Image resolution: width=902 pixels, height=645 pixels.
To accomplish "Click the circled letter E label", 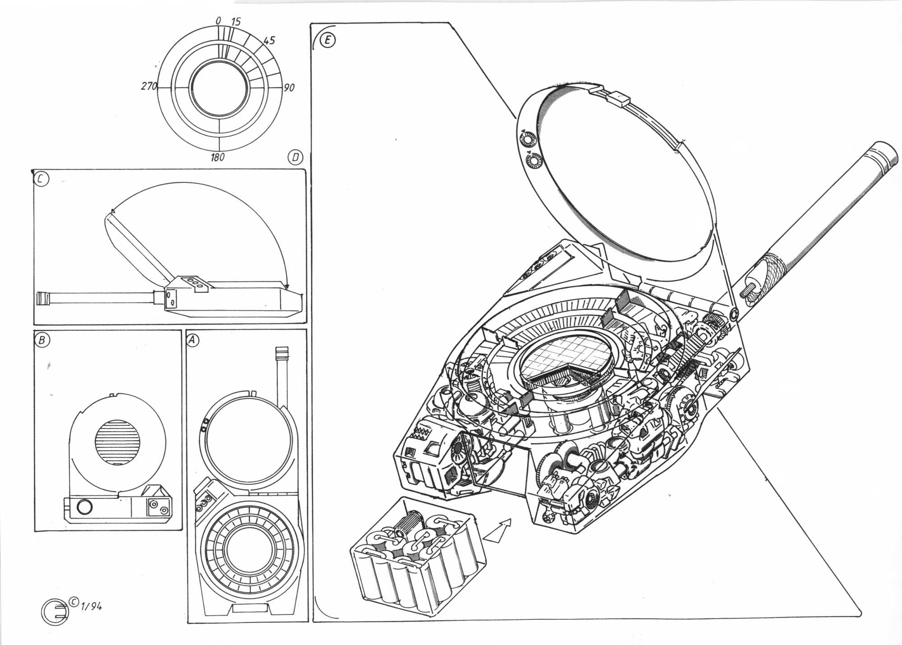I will point(327,41).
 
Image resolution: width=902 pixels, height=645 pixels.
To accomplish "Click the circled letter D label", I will point(295,157).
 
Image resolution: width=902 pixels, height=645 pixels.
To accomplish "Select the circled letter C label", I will point(41,179).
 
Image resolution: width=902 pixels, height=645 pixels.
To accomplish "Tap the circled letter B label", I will point(42,340).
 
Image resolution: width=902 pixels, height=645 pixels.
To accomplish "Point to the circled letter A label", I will point(193,341).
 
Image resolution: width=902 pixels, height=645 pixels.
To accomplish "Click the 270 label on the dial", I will point(148,86).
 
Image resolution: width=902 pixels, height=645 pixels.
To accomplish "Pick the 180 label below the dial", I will point(217,157).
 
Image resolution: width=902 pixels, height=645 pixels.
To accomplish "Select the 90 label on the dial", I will point(289,88).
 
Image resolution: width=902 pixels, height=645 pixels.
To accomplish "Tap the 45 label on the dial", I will point(269,41).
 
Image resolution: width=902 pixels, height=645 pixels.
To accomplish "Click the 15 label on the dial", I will point(235,21).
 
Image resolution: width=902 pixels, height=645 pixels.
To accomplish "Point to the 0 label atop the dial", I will point(218,20).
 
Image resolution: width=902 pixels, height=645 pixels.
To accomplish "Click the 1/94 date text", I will point(91,606).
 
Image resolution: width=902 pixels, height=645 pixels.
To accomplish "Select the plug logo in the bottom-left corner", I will point(55,612).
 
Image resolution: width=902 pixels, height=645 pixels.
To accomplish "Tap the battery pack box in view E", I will point(417,557).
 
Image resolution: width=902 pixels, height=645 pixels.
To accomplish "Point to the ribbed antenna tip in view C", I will point(44,298).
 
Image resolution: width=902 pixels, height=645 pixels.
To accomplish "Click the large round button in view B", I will point(84,507).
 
